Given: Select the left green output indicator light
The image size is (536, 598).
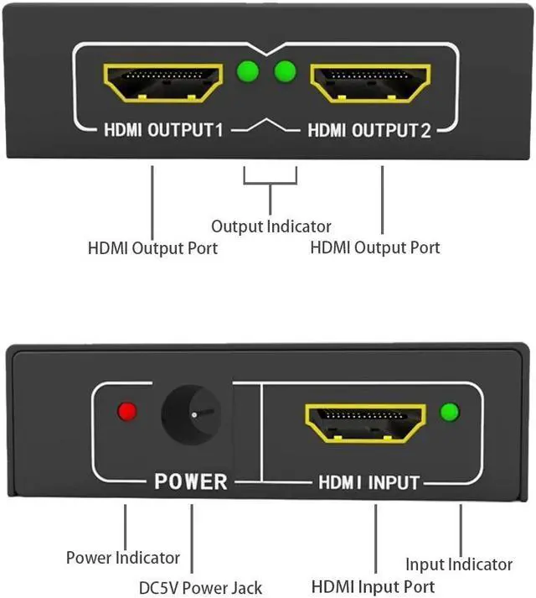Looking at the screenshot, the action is (x=247, y=70).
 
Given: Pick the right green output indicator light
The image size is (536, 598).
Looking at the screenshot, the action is (x=286, y=70).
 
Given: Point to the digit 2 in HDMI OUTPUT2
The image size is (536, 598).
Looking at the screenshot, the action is (x=425, y=131).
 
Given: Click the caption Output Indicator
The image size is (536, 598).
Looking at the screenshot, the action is (x=271, y=226).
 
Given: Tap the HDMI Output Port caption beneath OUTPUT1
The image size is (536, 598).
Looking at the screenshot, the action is (x=152, y=248).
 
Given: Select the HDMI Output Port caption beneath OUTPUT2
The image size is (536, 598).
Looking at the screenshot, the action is (x=374, y=248).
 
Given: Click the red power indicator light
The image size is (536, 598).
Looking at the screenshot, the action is (x=127, y=412).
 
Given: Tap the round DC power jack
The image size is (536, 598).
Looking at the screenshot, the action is (x=193, y=415).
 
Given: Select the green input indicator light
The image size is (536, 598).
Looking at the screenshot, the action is (x=450, y=412).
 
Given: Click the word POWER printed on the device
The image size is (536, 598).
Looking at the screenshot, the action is (x=190, y=482).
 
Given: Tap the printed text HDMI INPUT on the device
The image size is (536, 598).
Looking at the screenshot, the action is (x=368, y=483).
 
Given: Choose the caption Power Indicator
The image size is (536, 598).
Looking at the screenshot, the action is (x=123, y=558).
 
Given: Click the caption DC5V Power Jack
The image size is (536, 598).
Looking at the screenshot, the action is (x=201, y=588).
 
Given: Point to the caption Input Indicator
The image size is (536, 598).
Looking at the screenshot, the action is (x=458, y=564).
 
